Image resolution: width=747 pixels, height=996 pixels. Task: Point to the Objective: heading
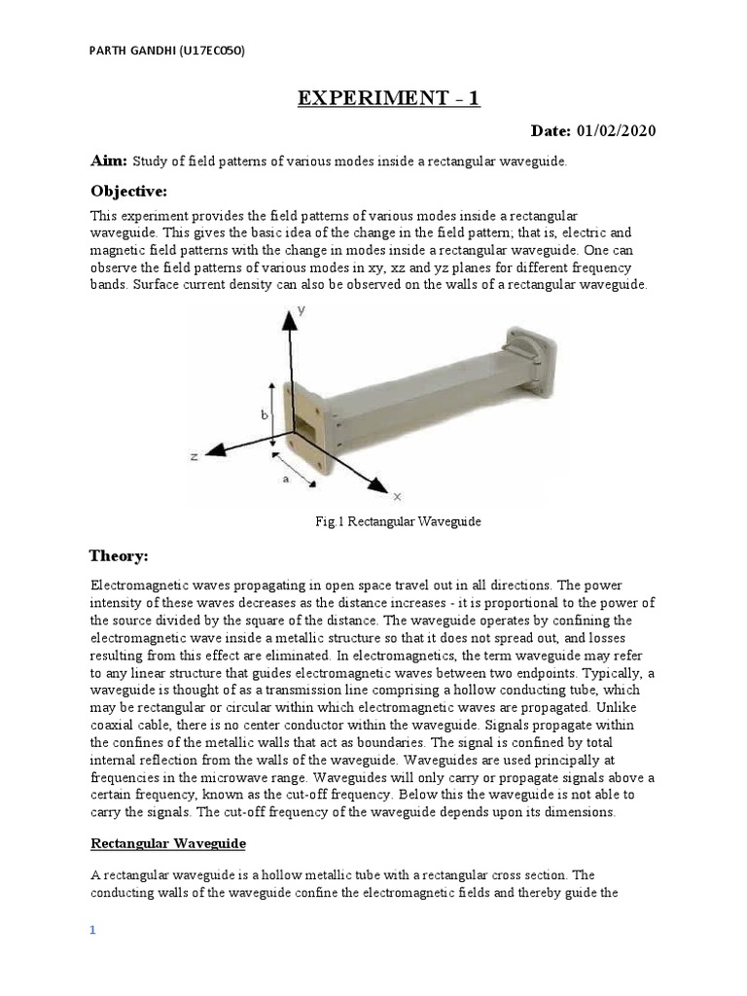coord(129,189)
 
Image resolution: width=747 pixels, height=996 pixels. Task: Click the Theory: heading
coord(120,555)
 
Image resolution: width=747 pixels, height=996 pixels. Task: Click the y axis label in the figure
coord(302,311)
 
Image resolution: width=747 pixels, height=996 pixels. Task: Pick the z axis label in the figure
coord(195,455)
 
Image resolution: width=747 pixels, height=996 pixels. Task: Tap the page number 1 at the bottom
coord(93,931)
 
